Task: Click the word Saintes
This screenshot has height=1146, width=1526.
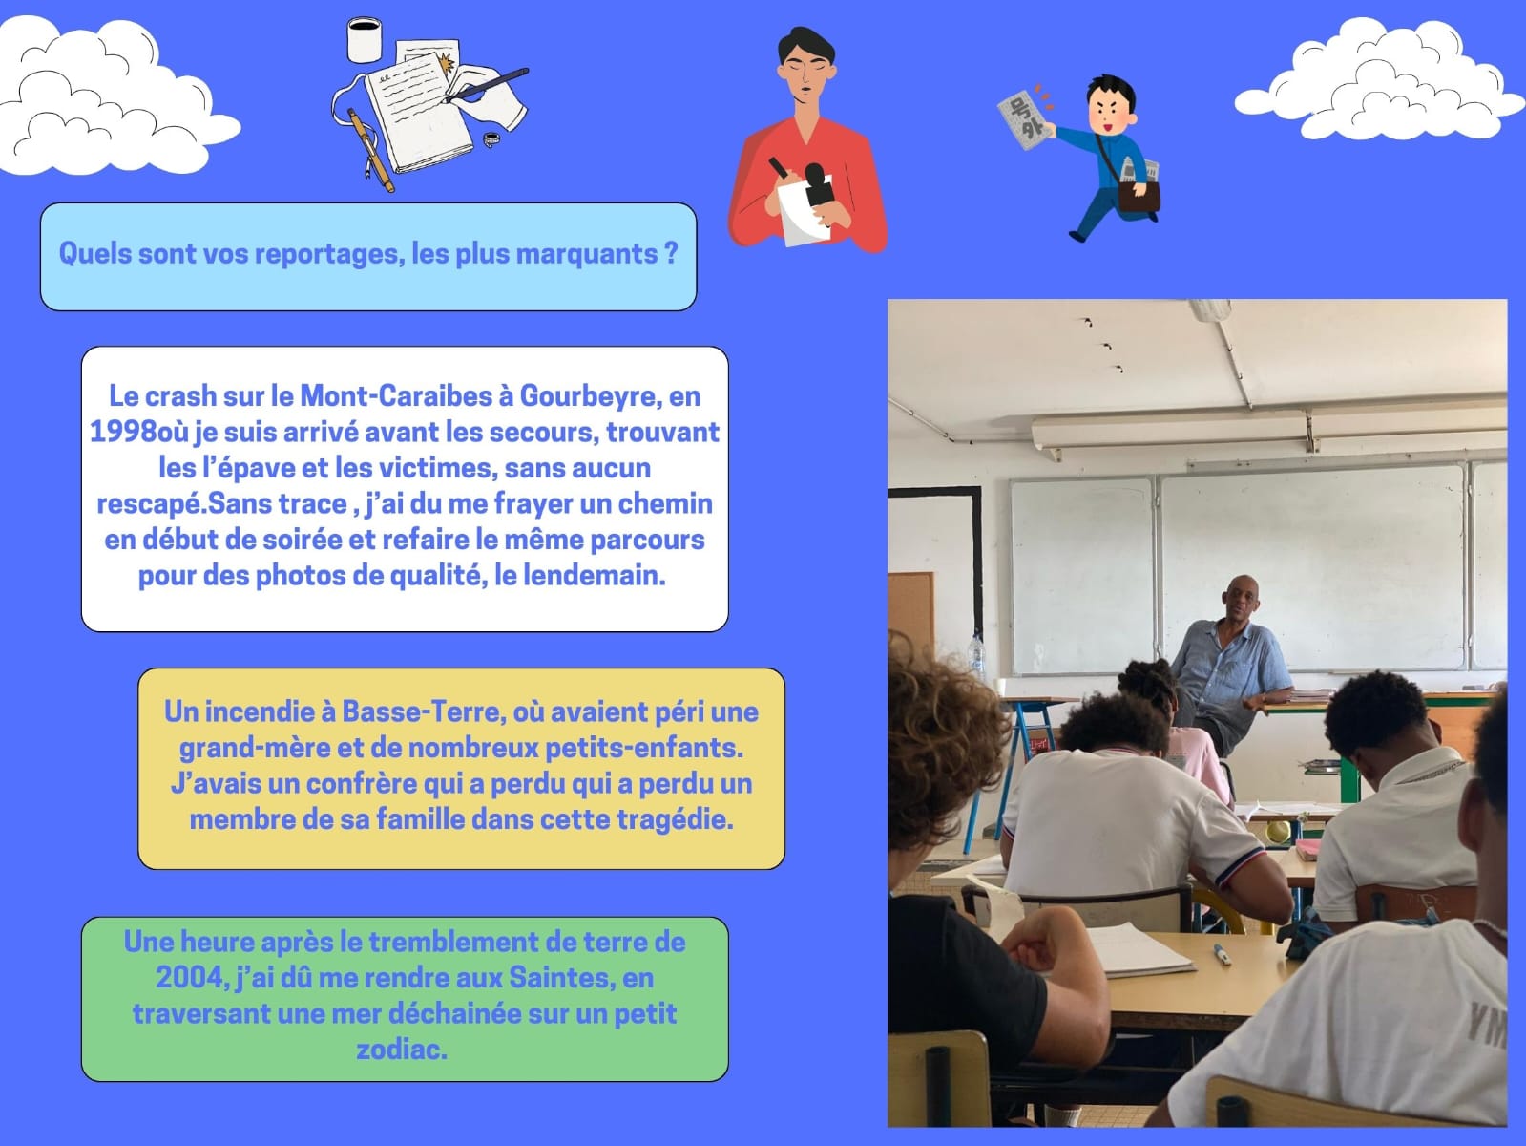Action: [x=562, y=978]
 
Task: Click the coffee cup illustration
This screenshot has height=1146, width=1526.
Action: [x=365, y=40]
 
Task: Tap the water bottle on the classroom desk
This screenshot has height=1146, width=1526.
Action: [x=977, y=655]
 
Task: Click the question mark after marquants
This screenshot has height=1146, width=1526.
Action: [x=671, y=253]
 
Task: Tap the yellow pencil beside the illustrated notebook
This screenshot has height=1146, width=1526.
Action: [x=370, y=150]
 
